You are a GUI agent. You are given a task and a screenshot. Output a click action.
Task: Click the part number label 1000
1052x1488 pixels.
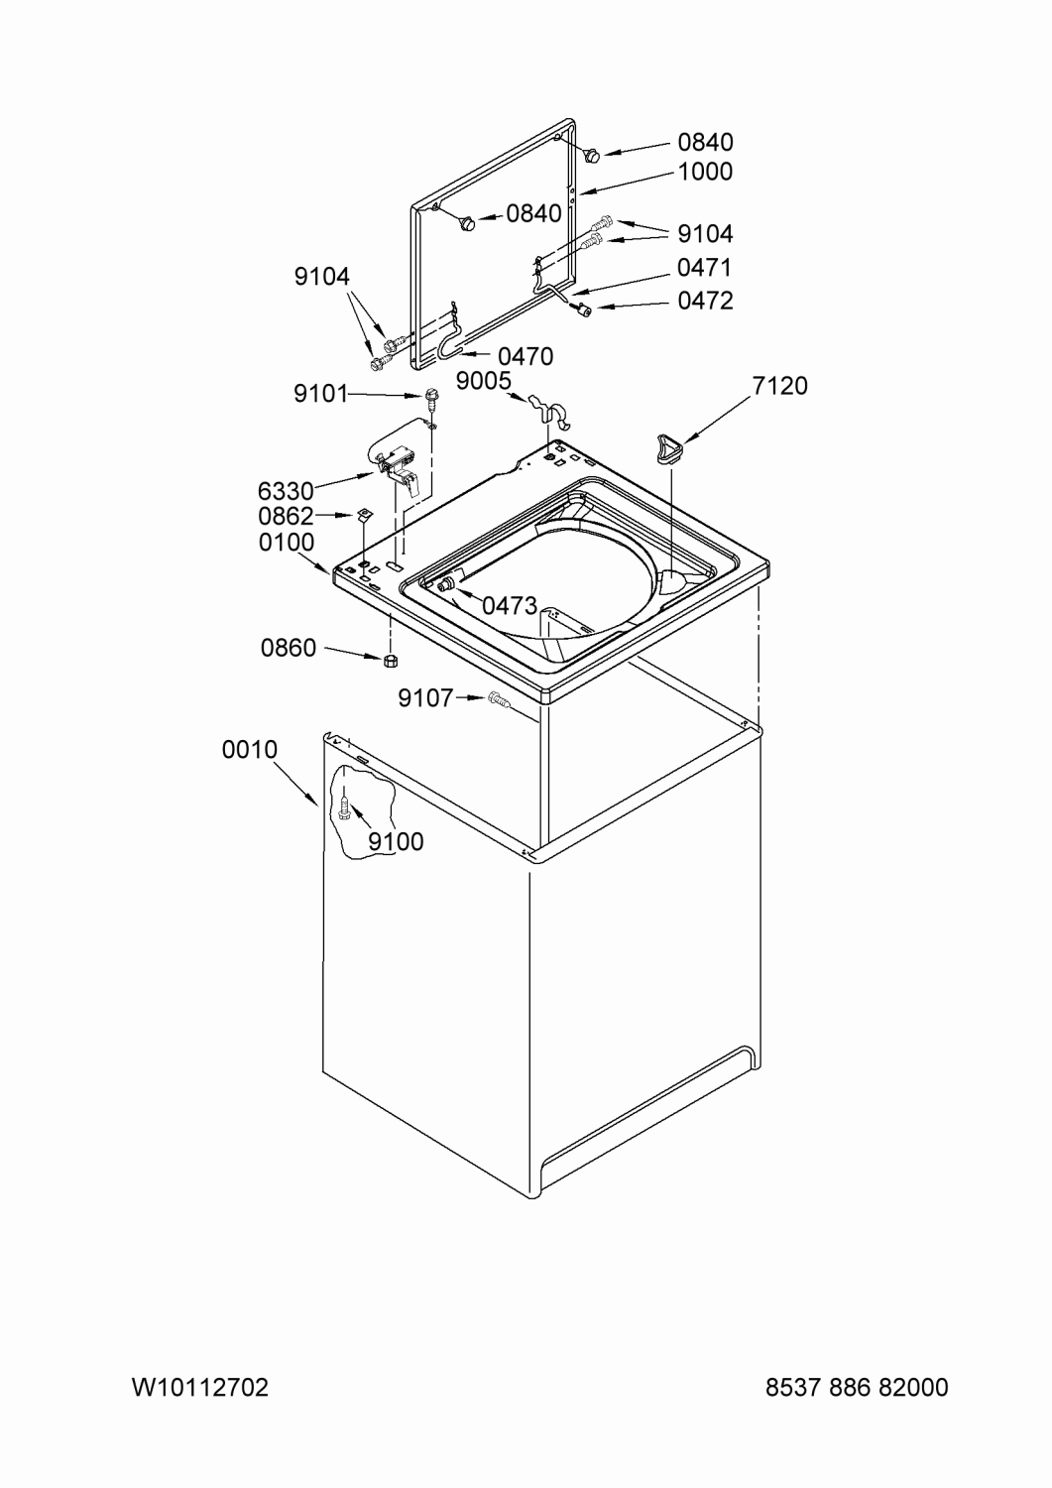point(705,172)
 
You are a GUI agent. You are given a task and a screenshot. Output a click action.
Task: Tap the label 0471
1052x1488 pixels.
point(705,268)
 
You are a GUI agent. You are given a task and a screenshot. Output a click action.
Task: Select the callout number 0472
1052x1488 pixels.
point(705,301)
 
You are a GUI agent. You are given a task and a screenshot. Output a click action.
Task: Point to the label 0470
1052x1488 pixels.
point(526,357)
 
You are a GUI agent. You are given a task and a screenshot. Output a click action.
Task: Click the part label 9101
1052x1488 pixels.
point(321,394)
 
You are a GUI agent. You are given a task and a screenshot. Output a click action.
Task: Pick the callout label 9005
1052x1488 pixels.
point(484,381)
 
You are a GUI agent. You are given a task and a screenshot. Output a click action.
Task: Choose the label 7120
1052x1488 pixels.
point(779,385)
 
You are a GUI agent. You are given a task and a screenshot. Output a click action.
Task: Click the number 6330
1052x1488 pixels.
point(285,492)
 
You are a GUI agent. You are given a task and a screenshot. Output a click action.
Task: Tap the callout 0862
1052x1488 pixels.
point(286,516)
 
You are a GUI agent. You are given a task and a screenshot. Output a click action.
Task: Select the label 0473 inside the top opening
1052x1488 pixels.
point(510,605)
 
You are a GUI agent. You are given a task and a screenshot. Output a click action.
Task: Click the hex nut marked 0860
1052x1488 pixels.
point(391,660)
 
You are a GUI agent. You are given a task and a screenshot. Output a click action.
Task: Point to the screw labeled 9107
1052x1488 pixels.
point(498,698)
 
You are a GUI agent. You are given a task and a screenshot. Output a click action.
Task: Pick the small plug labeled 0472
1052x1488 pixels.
point(584,309)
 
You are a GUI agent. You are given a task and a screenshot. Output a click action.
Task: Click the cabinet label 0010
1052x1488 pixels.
point(249,749)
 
